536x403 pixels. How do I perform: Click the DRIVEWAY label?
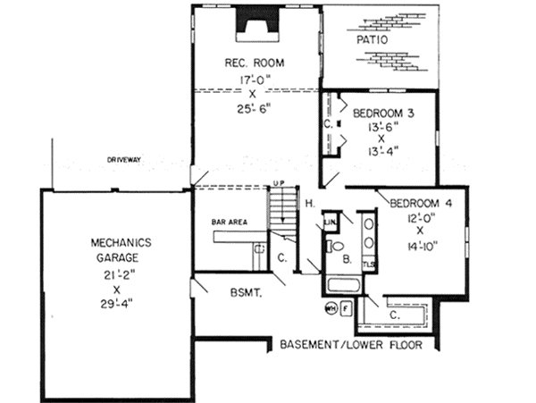125,160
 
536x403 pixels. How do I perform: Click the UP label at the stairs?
278,184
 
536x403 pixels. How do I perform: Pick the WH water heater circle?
331,310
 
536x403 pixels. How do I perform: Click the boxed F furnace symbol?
348,310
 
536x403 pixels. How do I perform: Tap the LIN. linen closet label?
330,222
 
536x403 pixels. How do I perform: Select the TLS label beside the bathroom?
369,265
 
